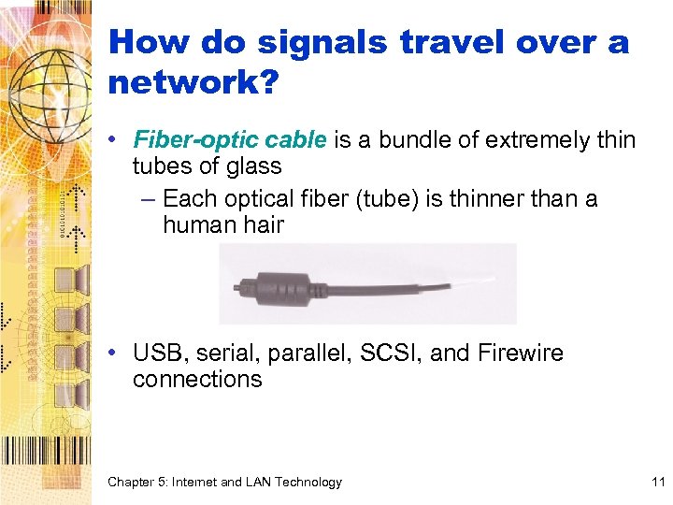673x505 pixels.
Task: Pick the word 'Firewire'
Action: pos(520,353)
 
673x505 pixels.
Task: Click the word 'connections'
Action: pos(197,379)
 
